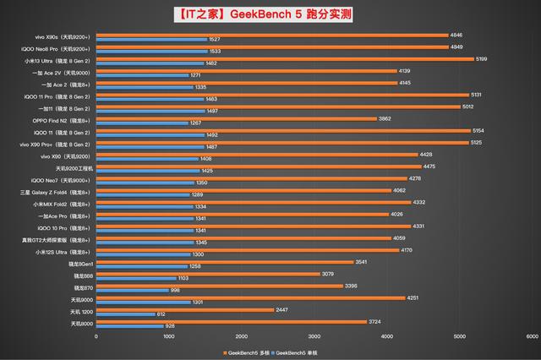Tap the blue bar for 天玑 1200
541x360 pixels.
(x=126, y=314)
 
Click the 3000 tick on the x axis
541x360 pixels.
(x=314, y=336)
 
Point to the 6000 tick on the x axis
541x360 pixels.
(x=532, y=336)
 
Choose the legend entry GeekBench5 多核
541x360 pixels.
(x=246, y=351)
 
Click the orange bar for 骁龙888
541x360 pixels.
(x=208, y=274)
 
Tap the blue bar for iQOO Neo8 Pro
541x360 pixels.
(x=152, y=51)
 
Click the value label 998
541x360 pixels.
(x=176, y=291)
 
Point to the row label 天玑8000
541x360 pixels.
(x=82, y=324)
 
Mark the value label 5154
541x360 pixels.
(x=478, y=131)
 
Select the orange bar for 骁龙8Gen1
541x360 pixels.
(x=225, y=262)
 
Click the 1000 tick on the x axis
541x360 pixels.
(x=169, y=336)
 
